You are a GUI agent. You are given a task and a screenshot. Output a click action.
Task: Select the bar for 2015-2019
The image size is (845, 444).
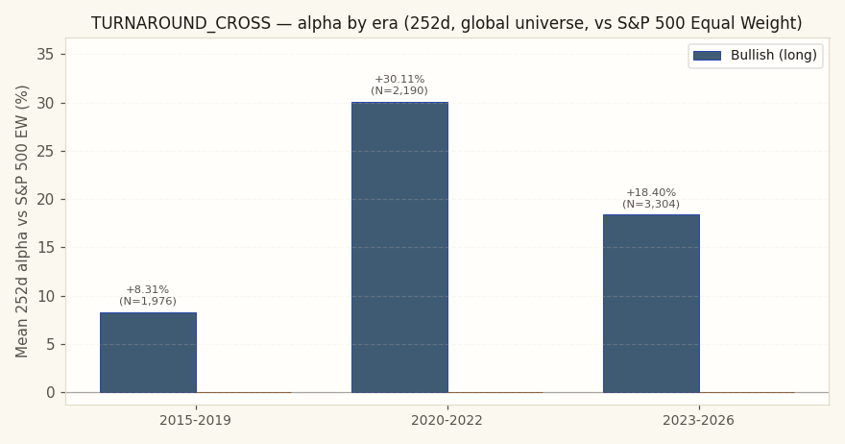(x=148, y=353)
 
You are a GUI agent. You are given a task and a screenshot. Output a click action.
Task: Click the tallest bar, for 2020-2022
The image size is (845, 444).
(x=399, y=247)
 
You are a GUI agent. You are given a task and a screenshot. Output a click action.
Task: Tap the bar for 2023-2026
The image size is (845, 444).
(x=652, y=304)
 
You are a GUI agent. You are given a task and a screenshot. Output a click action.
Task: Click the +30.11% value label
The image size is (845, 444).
(x=399, y=80)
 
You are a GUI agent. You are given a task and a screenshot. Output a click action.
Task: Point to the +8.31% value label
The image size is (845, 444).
(x=148, y=289)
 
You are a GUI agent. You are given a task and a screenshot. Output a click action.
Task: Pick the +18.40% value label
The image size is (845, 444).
(x=651, y=192)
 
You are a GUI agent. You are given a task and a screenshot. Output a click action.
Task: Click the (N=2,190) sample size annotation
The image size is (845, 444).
(x=399, y=90)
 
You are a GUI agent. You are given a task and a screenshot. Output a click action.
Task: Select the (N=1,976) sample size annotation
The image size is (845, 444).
(x=148, y=301)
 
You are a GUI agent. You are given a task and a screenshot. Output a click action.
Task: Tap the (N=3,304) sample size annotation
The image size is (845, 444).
(x=651, y=204)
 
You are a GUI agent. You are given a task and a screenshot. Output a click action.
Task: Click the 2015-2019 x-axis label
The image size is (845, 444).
(x=195, y=420)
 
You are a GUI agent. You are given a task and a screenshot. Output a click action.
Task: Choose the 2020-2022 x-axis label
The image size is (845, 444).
(x=447, y=420)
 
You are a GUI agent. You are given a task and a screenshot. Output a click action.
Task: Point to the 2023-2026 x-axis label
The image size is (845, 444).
(x=698, y=420)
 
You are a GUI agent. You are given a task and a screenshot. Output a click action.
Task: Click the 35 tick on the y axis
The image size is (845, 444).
(x=45, y=55)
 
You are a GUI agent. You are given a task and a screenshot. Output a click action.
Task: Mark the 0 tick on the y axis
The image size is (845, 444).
(x=51, y=393)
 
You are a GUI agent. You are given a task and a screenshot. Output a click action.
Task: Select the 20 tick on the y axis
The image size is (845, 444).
(x=45, y=200)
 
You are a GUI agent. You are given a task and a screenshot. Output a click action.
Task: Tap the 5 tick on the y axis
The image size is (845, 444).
(x=51, y=344)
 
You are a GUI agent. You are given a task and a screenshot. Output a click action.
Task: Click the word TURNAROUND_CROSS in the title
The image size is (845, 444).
(x=181, y=23)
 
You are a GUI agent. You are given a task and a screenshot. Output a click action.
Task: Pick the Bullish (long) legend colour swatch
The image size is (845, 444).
(x=707, y=56)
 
